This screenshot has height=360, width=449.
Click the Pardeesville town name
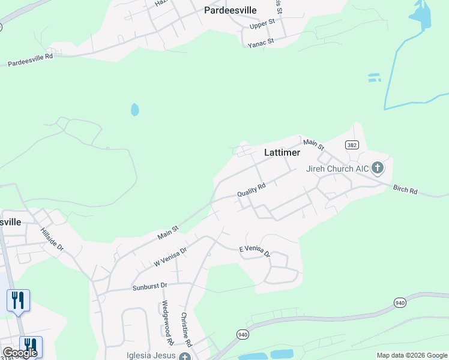(231, 10)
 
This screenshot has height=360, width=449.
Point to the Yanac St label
(261, 41)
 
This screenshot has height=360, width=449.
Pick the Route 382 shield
(352, 146)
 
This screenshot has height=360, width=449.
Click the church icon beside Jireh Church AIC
(378, 167)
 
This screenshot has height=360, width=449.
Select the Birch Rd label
(405, 190)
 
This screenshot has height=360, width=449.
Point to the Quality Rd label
(251, 190)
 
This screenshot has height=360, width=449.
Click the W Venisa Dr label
(170, 256)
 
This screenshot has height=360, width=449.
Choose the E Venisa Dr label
(255, 251)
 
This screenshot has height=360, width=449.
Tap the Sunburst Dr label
(150, 286)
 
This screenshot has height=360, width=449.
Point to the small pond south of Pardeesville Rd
(135, 110)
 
